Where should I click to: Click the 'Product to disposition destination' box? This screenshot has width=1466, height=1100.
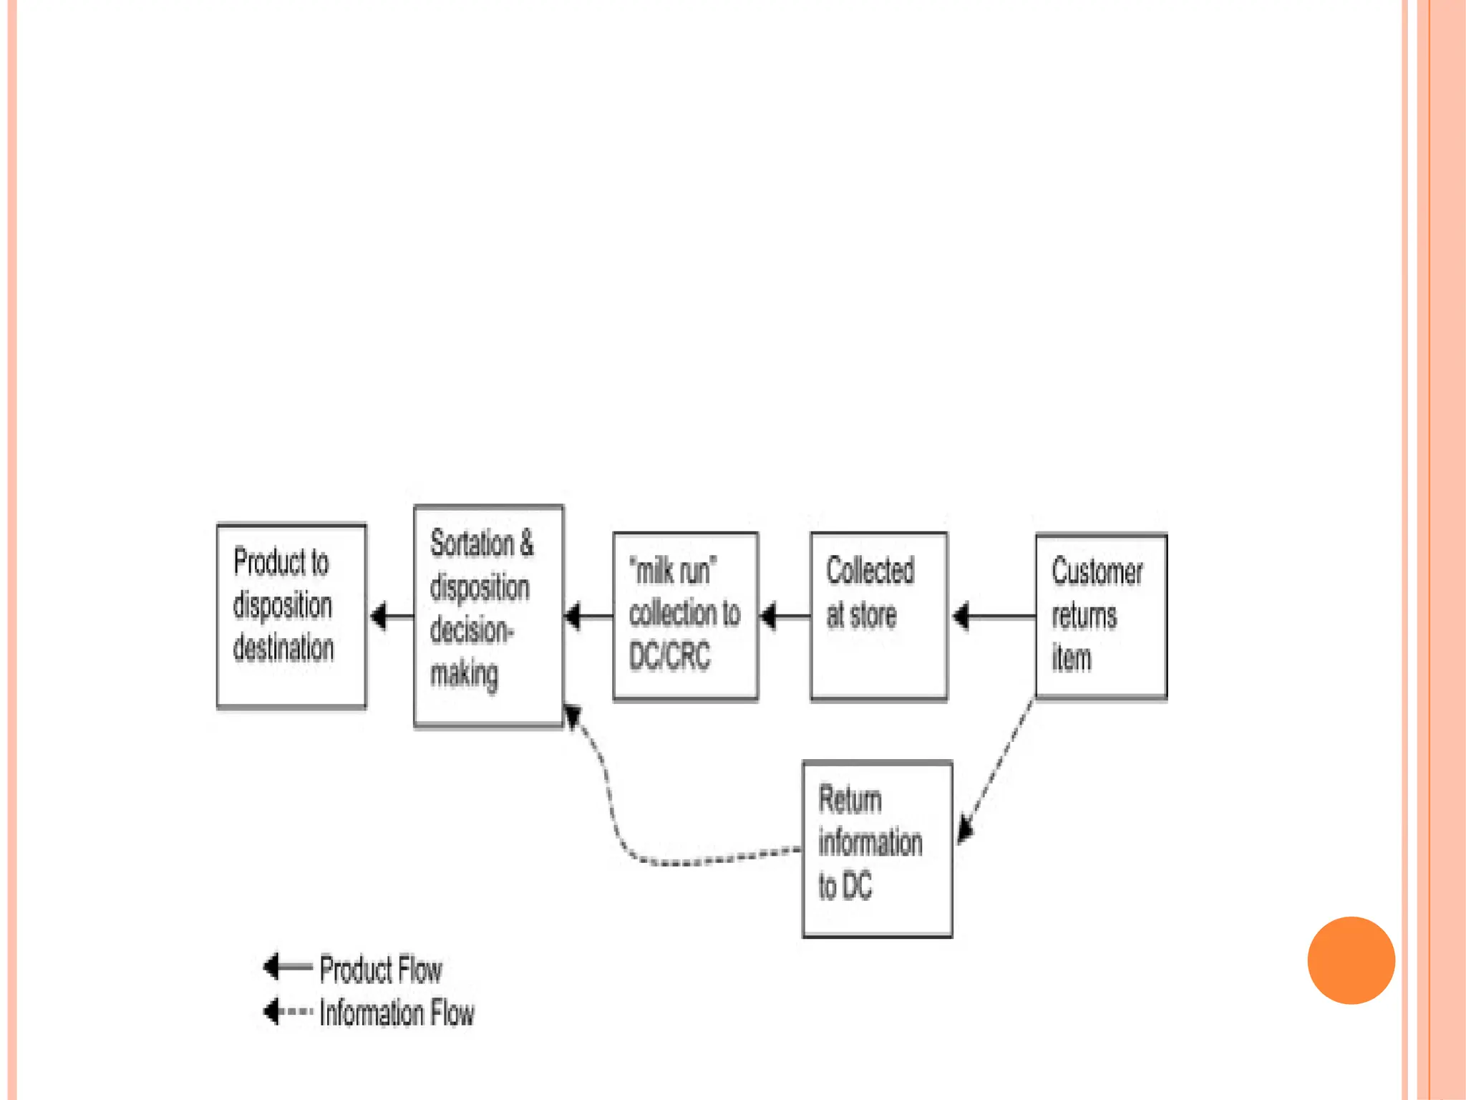pos(291,616)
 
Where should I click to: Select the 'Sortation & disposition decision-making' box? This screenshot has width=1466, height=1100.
pos(488,616)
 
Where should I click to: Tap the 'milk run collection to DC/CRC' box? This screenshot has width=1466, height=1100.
pos(685,616)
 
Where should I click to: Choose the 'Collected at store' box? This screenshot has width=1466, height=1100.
pos(878,616)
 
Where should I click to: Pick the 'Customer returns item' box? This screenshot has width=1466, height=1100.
pos(1101,616)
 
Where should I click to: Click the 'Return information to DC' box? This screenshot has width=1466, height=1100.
pos(877,849)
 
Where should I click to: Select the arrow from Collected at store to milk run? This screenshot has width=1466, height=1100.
pos(785,616)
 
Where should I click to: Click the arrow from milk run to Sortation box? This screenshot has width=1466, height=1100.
pos(589,616)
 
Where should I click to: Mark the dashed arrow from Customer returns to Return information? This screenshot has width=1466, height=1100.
pos(997,770)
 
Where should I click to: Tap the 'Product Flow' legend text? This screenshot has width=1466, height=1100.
pos(381,970)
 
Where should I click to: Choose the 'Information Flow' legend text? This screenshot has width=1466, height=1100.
pos(397,1013)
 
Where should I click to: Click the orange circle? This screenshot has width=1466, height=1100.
pos(1351,960)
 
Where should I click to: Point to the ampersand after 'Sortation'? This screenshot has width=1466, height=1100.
pos(526,543)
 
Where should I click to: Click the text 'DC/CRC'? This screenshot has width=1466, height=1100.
pos(669,656)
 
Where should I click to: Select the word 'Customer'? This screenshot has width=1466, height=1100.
pos(1097,572)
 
